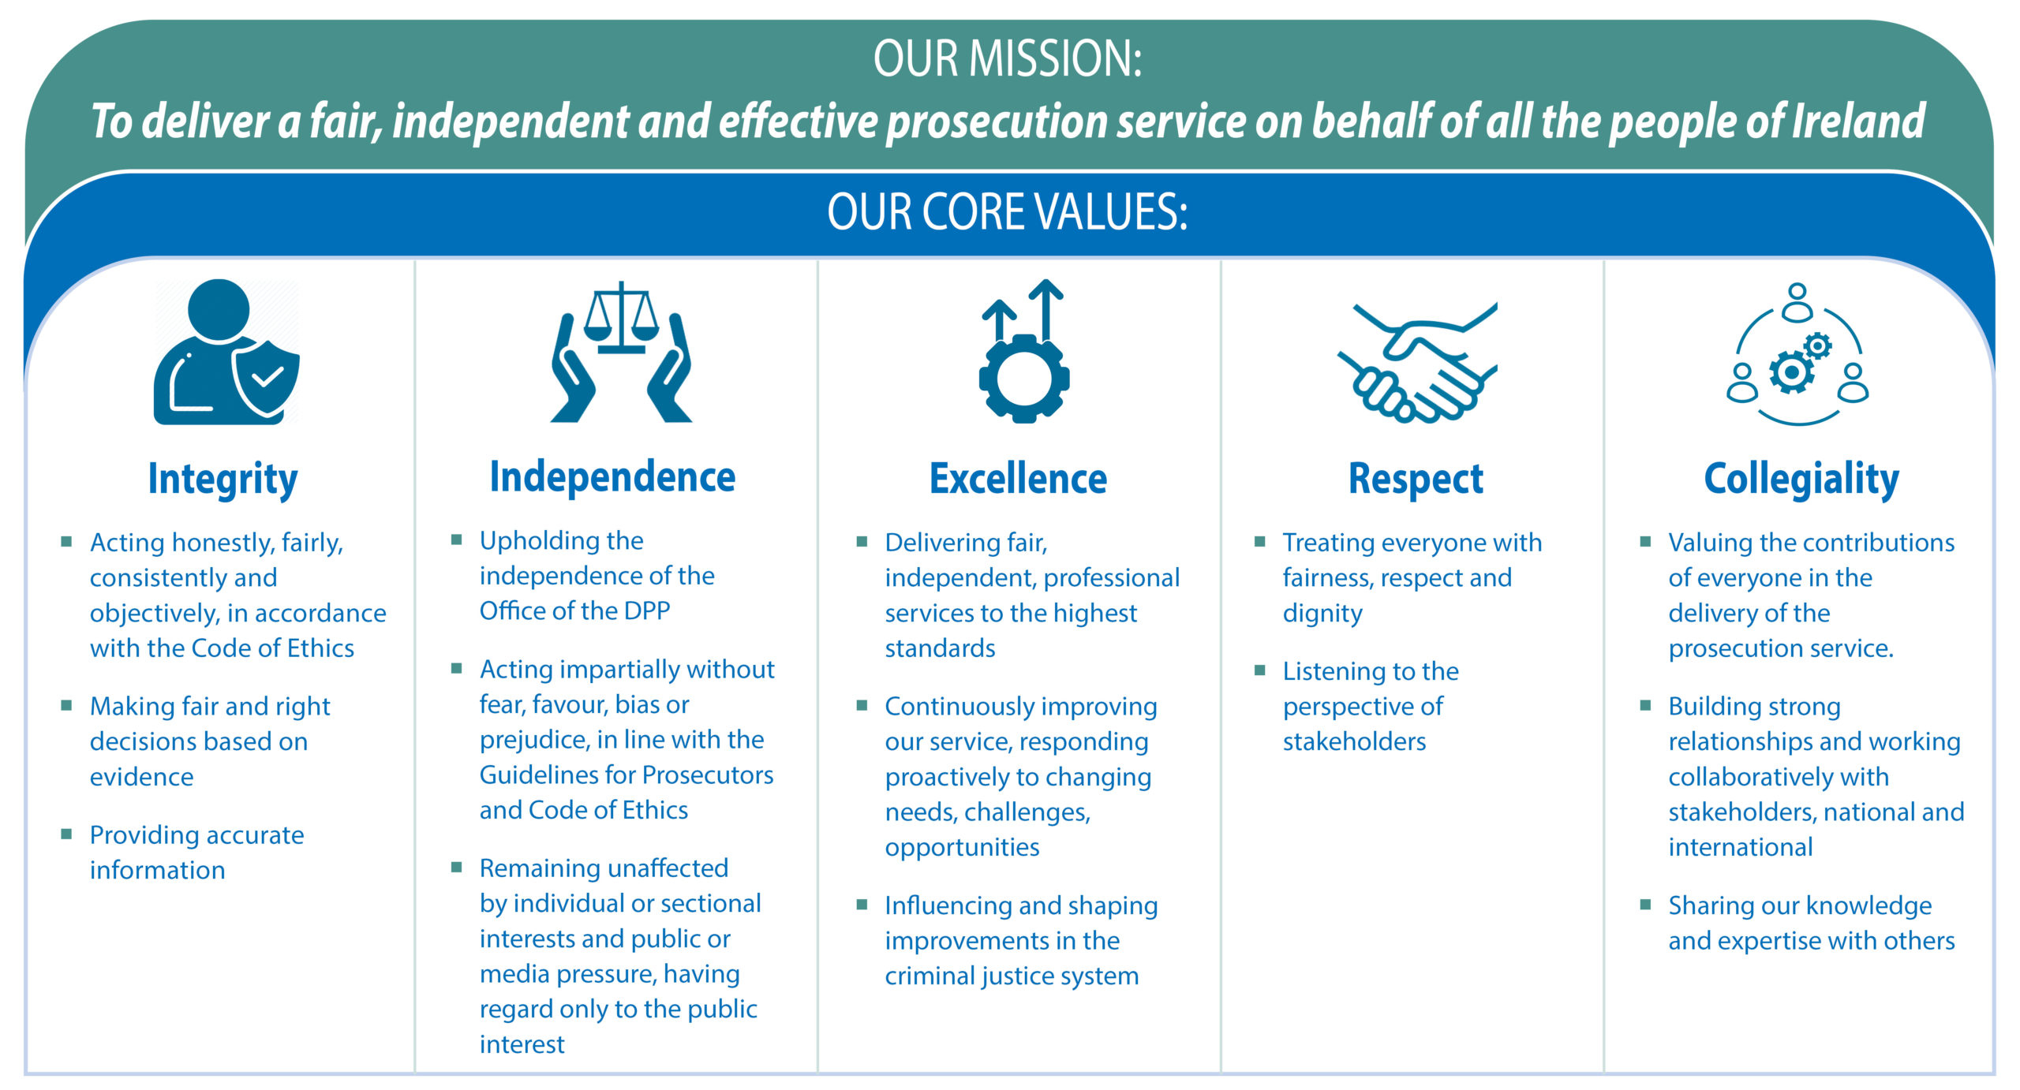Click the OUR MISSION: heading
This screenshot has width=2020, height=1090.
pyautogui.click(x=1008, y=58)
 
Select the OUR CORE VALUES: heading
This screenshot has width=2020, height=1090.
pyautogui.click(x=1008, y=211)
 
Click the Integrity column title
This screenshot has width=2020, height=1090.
pyautogui.click(x=223, y=480)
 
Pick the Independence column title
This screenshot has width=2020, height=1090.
pyautogui.click(x=612, y=477)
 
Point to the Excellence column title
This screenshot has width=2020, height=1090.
pyautogui.click(x=1018, y=479)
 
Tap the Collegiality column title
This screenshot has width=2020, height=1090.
pyautogui.click(x=1801, y=480)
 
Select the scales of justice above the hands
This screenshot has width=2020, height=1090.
pyautogui.click(x=622, y=315)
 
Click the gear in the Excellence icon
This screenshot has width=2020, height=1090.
pyautogui.click(x=1024, y=379)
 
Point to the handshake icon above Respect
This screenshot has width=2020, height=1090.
pyautogui.click(x=1417, y=363)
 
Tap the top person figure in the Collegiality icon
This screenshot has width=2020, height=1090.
pyautogui.click(x=1797, y=302)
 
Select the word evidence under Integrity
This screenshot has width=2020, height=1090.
pyautogui.click(x=142, y=778)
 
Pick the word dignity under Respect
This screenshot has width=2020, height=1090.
pyautogui.click(x=1322, y=614)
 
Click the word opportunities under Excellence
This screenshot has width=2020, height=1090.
pyautogui.click(x=962, y=848)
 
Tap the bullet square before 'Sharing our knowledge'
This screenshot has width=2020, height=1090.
pyautogui.click(x=1645, y=905)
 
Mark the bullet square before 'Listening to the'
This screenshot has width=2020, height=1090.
pyautogui.click(x=1259, y=670)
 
